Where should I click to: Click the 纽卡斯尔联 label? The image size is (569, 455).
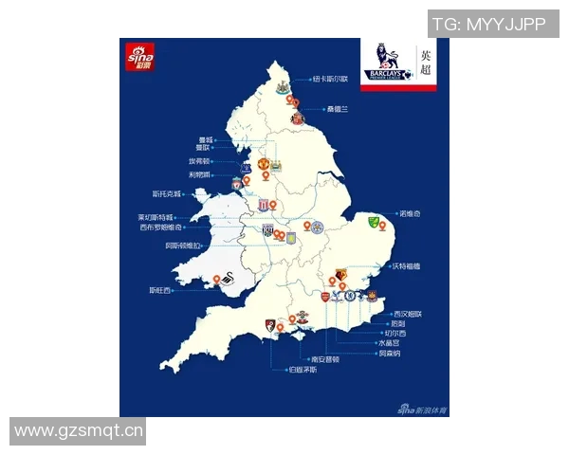[x=331, y=80]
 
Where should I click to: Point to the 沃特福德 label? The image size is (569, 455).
[x=405, y=267]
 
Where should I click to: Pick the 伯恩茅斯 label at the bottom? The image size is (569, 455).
[x=303, y=369]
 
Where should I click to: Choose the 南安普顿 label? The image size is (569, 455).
[x=324, y=359]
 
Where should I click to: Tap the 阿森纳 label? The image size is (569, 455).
[x=390, y=353]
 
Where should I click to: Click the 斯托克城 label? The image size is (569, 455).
[x=164, y=194]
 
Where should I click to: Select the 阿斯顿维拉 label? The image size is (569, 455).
[x=184, y=245]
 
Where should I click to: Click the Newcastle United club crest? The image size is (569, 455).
[x=282, y=86]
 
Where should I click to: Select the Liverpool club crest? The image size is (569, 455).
[x=236, y=181]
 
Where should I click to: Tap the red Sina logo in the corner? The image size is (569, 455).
[x=138, y=59]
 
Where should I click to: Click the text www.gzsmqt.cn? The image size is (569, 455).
[x=79, y=431]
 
